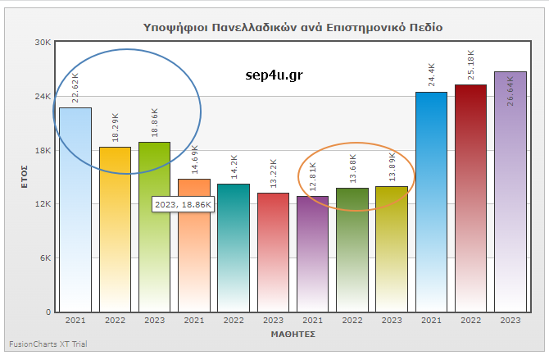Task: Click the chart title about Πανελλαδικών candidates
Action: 293,27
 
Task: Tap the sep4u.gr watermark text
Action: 274,75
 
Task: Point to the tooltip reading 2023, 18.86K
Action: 184,203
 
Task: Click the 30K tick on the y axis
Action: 43,43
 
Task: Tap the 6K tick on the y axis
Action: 45,257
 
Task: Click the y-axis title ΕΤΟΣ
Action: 25,177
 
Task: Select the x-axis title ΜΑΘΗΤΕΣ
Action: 293,335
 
